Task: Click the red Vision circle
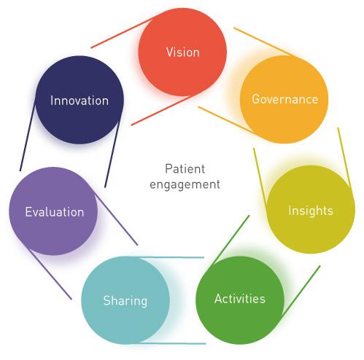pos(182,52)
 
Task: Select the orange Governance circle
pos(284,99)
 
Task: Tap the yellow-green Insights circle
pos(311,209)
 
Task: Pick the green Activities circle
pos(240,300)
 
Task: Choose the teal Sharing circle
pos(125,300)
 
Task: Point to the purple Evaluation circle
pos(53,211)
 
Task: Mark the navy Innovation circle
pos(80,100)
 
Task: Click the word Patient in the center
pos(185,169)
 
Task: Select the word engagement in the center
pos(185,184)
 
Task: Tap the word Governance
pos(285,99)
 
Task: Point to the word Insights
pos(311,211)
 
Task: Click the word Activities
pos(240,299)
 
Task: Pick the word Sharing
pos(125,301)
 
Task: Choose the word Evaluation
pos(55,212)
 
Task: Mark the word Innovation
pos(80,101)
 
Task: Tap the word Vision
pos(183,52)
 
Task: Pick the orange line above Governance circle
pos(264,42)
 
